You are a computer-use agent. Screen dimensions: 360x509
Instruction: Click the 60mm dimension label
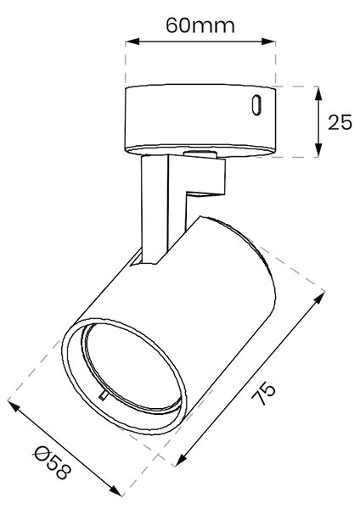pos(200,25)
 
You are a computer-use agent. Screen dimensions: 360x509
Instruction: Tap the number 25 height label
pos(340,122)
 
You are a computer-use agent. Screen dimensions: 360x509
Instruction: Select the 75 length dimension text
pos(264,394)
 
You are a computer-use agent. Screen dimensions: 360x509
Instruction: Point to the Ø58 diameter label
pos(52,463)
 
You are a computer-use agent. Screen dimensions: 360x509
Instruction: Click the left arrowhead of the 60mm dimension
pos(132,42)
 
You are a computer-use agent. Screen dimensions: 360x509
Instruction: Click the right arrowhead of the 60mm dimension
pos(268,42)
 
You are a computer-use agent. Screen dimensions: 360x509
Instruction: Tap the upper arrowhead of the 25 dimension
pos(318,93)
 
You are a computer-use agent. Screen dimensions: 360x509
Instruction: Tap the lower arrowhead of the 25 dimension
pos(318,150)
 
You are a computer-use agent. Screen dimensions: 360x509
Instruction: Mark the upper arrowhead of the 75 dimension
pos(319,298)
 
